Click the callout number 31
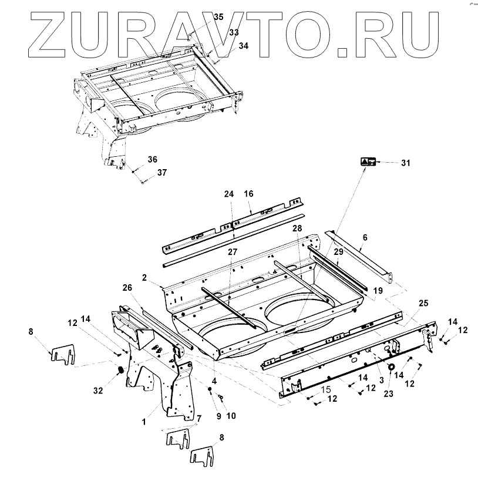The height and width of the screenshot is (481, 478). [405, 163]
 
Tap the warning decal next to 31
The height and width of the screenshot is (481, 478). [368, 162]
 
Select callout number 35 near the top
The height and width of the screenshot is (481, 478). [218, 17]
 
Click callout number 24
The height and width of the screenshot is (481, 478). [229, 193]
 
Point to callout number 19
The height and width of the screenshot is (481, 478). [377, 290]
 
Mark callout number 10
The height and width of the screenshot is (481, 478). [231, 416]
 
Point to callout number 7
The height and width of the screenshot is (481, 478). [198, 418]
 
